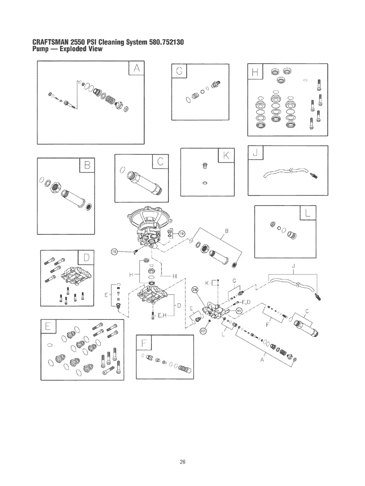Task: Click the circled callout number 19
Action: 181,234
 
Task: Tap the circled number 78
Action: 114,252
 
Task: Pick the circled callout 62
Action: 203,330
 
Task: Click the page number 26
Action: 182,461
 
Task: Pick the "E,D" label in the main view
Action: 246,302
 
